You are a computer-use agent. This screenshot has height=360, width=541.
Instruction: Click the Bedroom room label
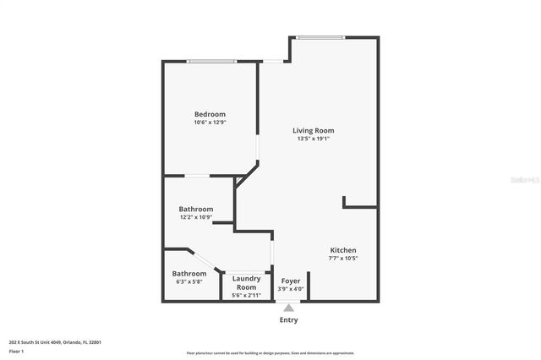pos(210,114)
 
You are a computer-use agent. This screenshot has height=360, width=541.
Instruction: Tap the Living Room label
pos(313,130)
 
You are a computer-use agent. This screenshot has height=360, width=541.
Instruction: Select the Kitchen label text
pos(342,250)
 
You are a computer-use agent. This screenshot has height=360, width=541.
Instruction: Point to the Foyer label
pos(291,281)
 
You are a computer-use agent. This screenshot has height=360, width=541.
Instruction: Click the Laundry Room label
pos(246,282)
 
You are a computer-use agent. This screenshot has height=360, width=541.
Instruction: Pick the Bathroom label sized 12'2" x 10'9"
pos(195,209)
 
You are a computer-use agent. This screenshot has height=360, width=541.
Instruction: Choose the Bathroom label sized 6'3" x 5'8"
pos(189,273)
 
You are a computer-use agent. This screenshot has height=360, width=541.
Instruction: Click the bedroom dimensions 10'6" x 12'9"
pos(210,123)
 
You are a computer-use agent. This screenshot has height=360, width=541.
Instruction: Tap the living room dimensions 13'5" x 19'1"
pos(313,139)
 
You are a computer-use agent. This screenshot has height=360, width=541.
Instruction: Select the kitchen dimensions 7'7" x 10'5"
pos(342,259)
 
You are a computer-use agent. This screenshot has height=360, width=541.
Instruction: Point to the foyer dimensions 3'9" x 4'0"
pos(291,289)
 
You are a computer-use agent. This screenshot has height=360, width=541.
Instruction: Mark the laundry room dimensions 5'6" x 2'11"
pos(246,295)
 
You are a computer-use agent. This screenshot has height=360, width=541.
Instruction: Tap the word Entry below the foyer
pos(288,319)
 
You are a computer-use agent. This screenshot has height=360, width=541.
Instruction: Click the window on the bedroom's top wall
pos(211,61)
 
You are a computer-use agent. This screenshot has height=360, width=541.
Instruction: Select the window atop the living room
pos(320,37)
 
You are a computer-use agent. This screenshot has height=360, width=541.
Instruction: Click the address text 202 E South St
pos(55,342)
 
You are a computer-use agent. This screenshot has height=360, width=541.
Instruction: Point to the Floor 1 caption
pos(16,351)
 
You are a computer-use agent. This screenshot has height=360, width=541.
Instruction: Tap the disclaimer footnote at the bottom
pos(270,353)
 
